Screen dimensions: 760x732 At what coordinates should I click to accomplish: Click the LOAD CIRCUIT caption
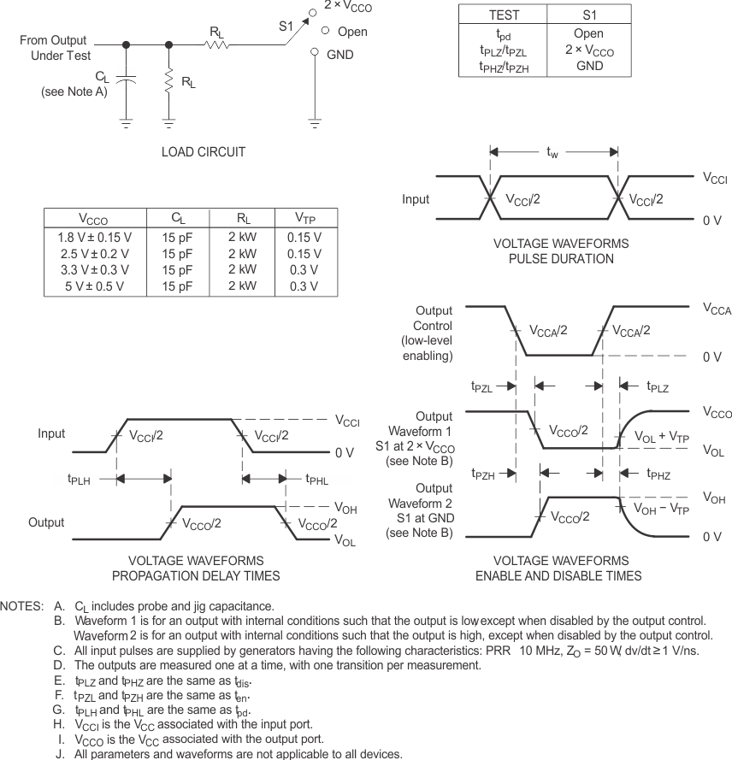(x=204, y=152)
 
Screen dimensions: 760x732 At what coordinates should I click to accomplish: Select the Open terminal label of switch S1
(x=352, y=32)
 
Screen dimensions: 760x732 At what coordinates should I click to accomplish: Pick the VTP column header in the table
(x=304, y=219)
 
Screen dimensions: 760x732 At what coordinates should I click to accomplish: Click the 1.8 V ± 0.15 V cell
(x=94, y=237)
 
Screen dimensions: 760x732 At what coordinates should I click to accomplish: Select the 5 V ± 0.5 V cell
(x=94, y=286)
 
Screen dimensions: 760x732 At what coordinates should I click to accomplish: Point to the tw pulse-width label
(x=554, y=152)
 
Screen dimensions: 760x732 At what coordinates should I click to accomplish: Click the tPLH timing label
(x=80, y=479)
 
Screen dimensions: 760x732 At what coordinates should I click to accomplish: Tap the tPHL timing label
(x=317, y=479)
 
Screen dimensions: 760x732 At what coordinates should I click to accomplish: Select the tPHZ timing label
(x=658, y=473)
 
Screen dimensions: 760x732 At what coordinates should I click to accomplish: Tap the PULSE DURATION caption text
(x=561, y=258)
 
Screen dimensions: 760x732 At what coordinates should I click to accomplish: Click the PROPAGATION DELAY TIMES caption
(x=196, y=576)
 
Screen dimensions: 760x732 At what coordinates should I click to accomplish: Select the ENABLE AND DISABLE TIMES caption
(x=558, y=576)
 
